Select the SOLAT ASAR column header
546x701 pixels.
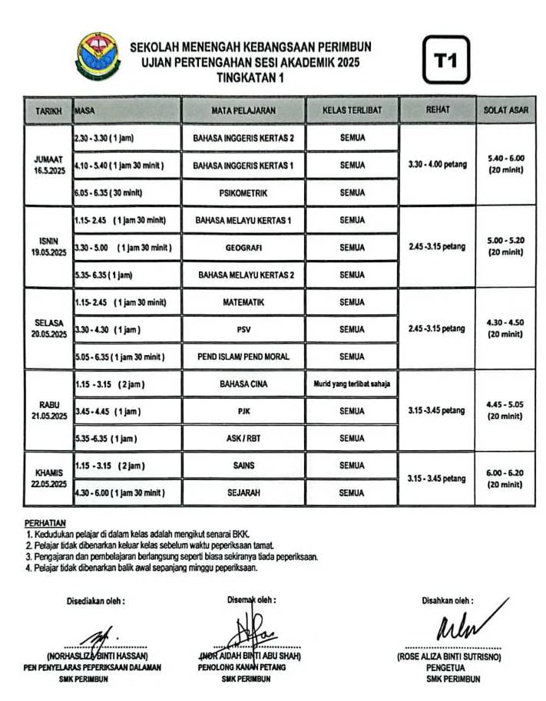tap(505, 110)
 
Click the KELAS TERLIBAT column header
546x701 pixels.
tap(352, 110)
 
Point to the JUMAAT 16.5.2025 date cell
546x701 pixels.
tap(48, 165)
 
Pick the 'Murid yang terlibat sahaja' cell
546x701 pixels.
tap(352, 383)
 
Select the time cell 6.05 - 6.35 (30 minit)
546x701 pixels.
tap(109, 193)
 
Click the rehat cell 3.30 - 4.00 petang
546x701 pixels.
tap(437, 164)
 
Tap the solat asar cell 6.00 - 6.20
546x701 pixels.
tap(505, 479)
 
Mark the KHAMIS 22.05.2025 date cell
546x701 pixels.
tap(48, 479)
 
